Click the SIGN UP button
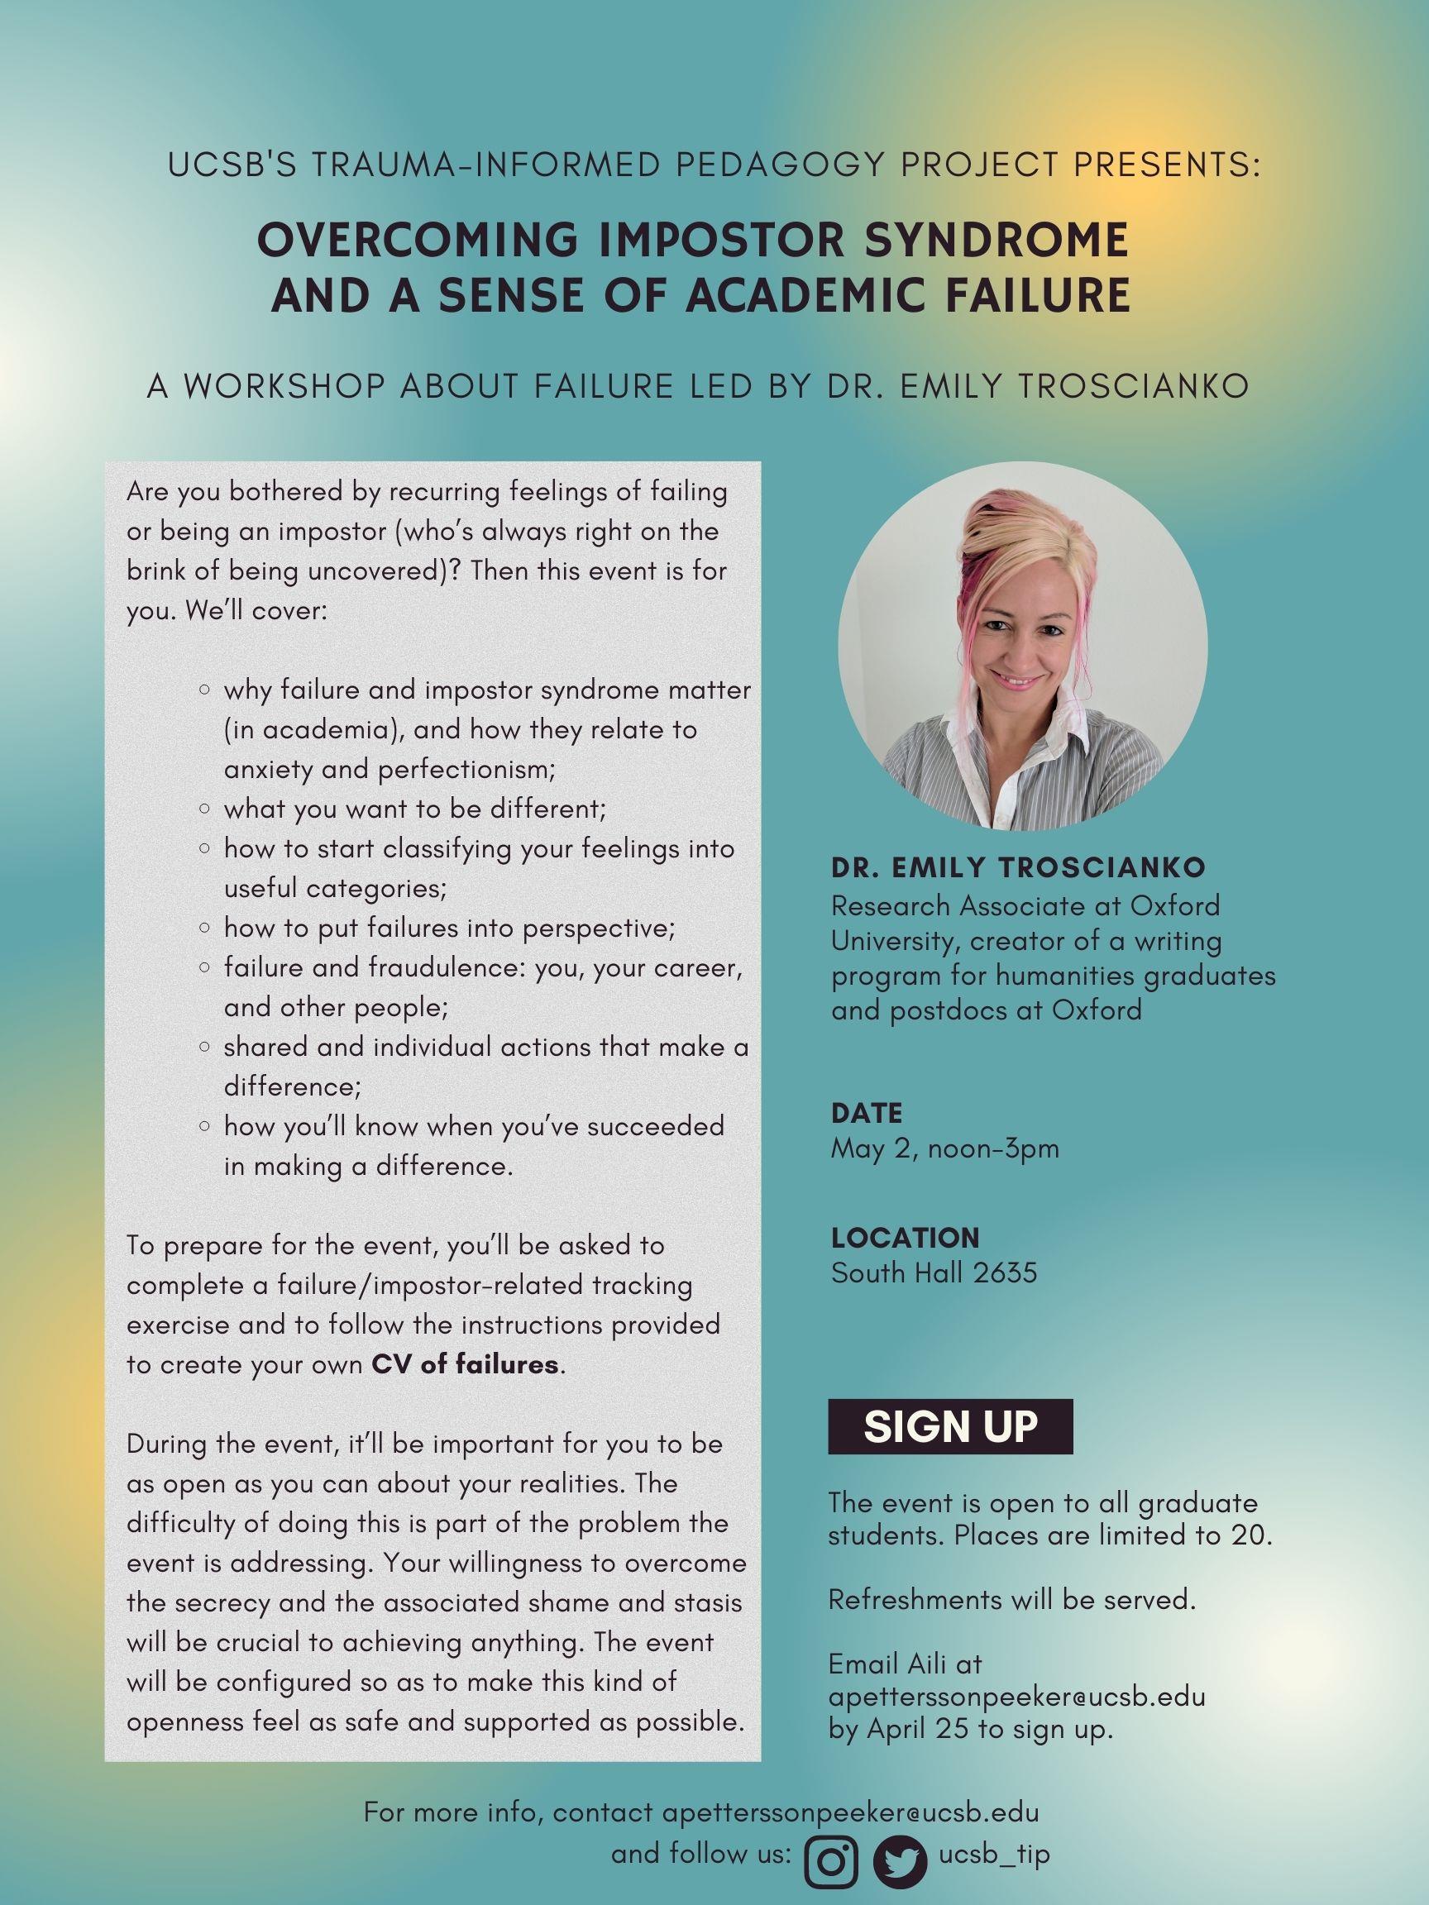950,1426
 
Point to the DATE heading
867,1113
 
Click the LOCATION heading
906,1238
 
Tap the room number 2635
1006,1272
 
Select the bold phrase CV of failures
465,1365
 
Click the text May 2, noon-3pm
945,1148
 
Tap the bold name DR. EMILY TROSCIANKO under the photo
1018,867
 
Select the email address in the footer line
850,1811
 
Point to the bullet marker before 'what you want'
204,809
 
